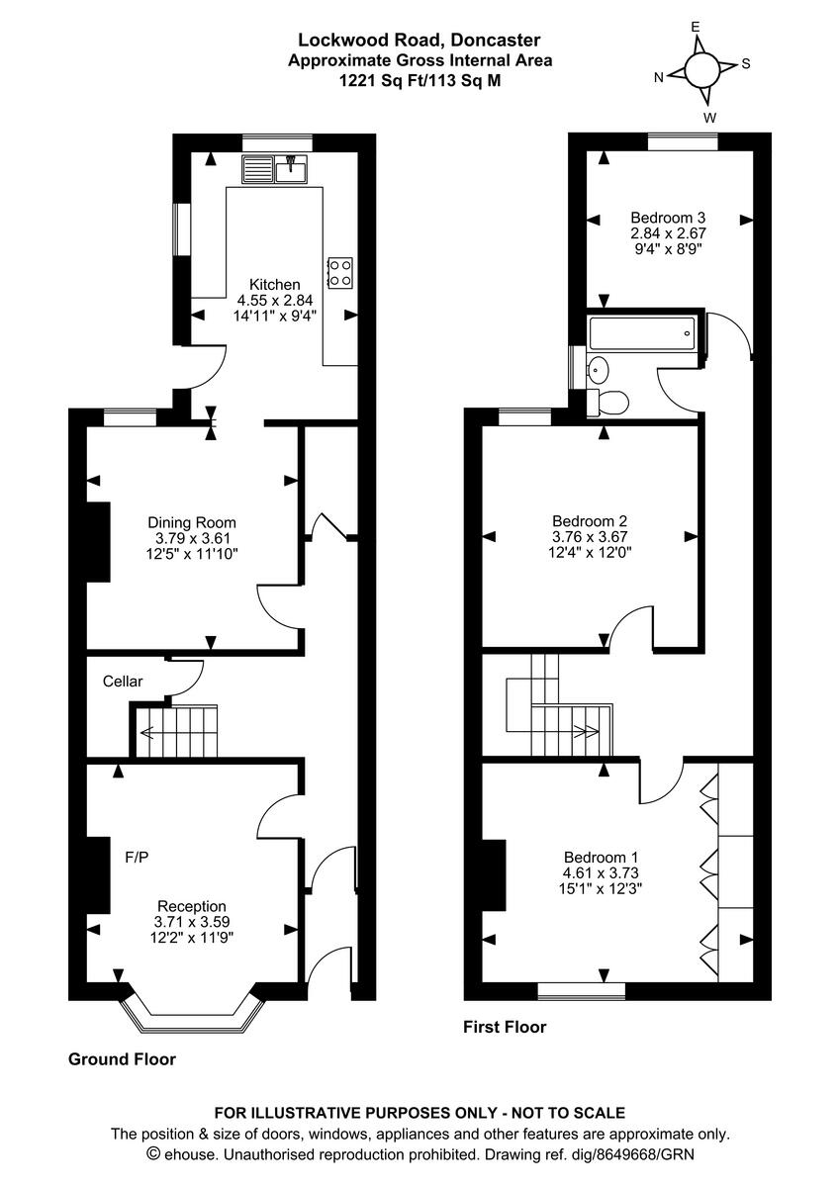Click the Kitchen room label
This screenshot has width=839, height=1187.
point(274,285)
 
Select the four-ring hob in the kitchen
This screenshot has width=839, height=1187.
point(340,272)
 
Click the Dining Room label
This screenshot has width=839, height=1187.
point(192,522)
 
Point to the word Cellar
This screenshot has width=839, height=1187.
point(123,682)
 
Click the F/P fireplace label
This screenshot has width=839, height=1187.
point(137,857)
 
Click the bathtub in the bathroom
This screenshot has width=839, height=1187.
point(643,333)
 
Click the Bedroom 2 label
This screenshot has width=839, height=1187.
point(590,520)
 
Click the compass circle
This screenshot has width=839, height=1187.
point(702,69)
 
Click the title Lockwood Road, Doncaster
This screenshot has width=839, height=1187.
point(419,41)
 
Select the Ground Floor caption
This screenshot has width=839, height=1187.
point(122,1059)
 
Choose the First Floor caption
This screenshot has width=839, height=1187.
point(505,1027)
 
